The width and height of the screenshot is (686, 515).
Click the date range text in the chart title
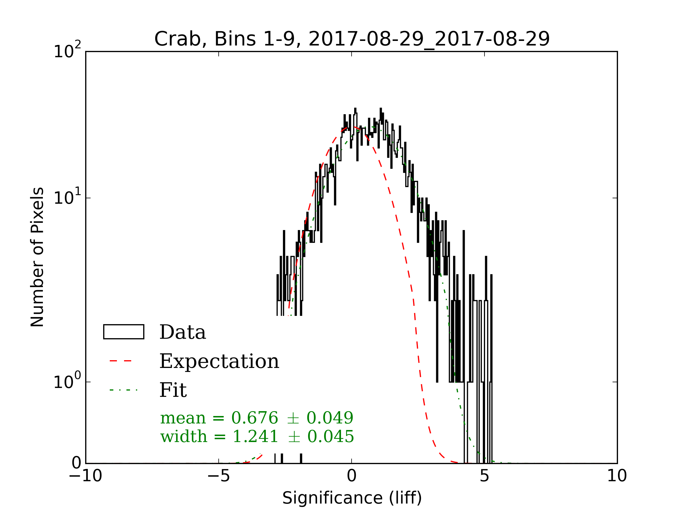429,39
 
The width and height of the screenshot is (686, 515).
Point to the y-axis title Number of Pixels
37,257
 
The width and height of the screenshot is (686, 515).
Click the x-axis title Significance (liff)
352,498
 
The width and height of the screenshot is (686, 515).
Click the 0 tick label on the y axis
76,463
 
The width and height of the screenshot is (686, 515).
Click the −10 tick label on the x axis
85,476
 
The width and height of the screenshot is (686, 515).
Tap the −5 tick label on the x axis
218,476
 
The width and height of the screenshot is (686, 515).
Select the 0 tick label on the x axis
351,476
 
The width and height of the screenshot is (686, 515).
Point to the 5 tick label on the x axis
484,476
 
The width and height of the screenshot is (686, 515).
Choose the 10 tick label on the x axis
617,476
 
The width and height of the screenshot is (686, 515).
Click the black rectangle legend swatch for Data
123,332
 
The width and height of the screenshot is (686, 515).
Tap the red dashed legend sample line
121,361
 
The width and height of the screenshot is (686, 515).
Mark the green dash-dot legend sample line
123,390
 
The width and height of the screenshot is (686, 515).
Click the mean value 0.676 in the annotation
255,418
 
